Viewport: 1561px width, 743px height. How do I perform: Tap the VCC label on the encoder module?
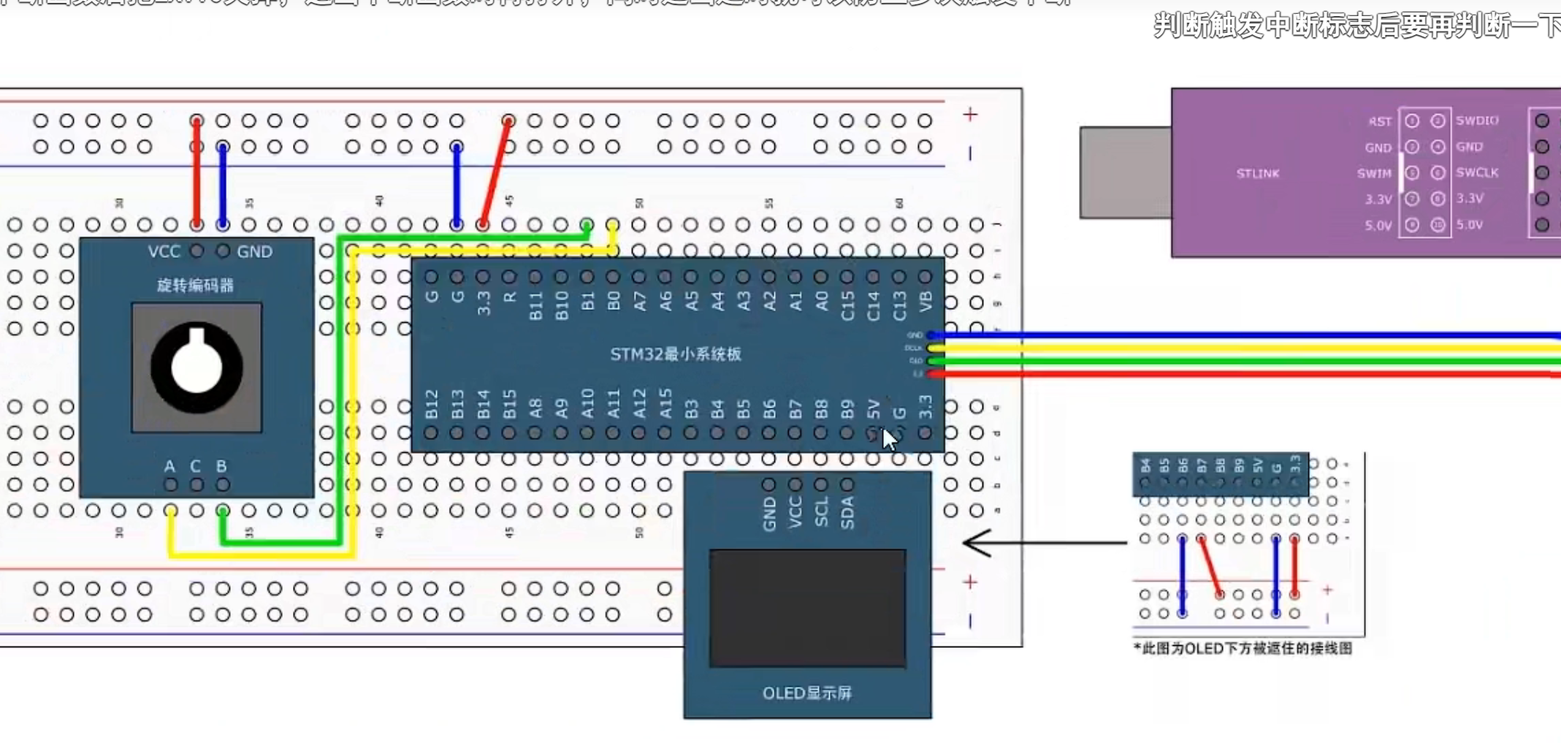pos(164,252)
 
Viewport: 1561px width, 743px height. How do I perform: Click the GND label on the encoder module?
pos(254,252)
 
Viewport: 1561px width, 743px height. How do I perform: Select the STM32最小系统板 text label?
pos(676,354)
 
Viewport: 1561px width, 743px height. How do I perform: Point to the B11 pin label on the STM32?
pos(535,306)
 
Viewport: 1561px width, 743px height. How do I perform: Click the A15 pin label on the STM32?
pos(665,404)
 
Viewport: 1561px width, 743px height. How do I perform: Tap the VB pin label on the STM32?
pos(925,301)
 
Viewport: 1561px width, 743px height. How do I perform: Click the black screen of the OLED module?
pos(807,608)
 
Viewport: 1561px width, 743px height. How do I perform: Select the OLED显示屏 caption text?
pos(807,693)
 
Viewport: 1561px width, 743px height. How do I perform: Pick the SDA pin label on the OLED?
pos(847,512)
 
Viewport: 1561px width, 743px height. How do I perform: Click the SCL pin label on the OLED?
pos(822,512)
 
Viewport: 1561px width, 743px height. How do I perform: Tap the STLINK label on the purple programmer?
pos(1258,174)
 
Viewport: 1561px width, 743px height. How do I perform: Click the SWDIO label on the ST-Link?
pos(1477,121)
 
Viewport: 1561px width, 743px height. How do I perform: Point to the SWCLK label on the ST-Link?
pos(1477,173)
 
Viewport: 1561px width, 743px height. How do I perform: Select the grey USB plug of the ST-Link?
pos(1125,173)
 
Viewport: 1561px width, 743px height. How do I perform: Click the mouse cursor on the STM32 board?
pos(889,439)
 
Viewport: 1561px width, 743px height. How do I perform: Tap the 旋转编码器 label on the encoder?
pos(195,286)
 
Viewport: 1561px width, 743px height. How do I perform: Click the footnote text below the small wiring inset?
pos(1243,649)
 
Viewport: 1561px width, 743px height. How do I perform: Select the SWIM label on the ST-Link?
pos(1374,174)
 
